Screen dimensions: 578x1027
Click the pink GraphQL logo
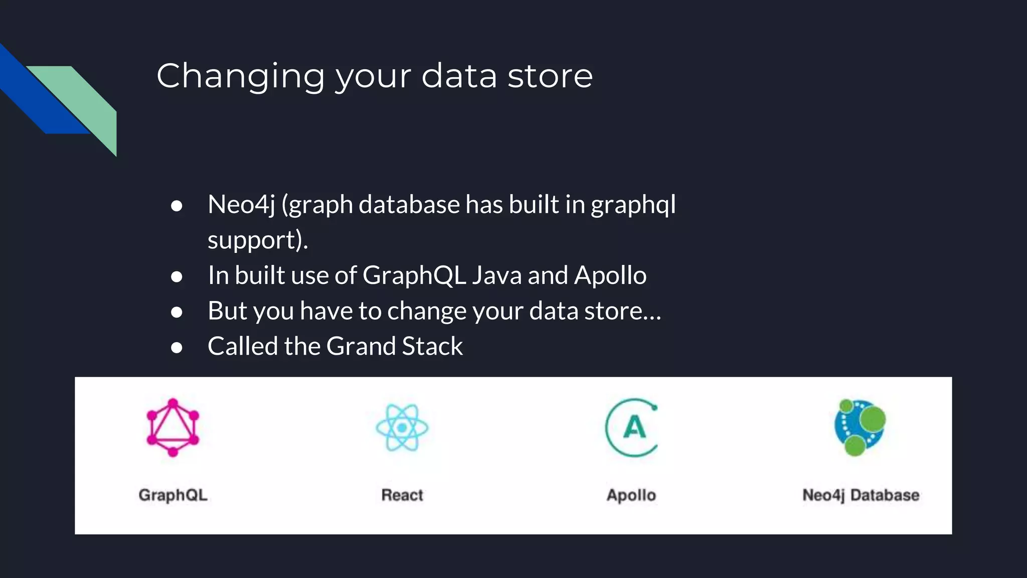click(x=173, y=427)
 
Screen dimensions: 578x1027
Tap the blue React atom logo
click(x=402, y=427)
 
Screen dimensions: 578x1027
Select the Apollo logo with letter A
click(x=632, y=427)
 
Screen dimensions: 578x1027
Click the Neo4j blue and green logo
click(x=860, y=427)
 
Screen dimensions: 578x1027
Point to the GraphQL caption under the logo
click(x=173, y=495)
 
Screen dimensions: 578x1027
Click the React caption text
click(x=402, y=495)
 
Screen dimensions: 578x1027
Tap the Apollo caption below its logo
click(x=631, y=495)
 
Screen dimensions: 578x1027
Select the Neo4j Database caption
click(x=861, y=495)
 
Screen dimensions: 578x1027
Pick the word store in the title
click(x=550, y=76)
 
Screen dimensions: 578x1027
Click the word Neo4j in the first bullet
click(x=241, y=205)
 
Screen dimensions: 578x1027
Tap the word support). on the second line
click(x=258, y=240)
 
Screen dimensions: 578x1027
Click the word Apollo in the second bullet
click(x=610, y=275)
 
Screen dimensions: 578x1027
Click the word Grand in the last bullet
click(x=361, y=347)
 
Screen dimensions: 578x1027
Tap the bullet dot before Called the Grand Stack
click(x=177, y=347)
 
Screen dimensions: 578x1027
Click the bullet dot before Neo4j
click(x=177, y=206)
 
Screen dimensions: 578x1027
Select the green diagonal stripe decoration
click(x=85, y=100)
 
